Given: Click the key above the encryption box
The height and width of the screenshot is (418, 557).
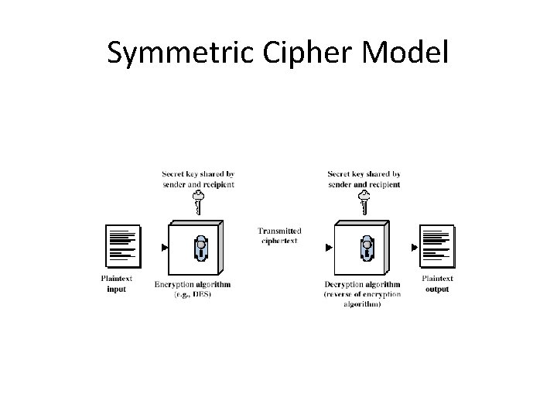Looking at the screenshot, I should (x=198, y=204).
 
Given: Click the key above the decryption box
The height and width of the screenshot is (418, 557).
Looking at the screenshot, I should (x=364, y=204).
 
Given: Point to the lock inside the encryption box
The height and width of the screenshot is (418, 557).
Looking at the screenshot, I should (x=200, y=247).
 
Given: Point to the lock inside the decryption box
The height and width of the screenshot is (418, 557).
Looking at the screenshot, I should (x=366, y=247).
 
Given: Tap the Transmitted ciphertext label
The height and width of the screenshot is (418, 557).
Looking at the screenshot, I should (x=279, y=235).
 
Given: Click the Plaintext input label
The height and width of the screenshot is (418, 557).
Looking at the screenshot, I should (x=117, y=284).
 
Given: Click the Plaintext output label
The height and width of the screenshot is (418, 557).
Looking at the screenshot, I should (x=437, y=284).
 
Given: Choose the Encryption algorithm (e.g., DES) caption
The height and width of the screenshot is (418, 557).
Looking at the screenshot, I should (x=193, y=290).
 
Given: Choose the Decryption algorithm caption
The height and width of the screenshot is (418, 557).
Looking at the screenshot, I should (x=362, y=294).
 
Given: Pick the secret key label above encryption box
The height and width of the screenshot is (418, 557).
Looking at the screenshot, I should (x=199, y=180).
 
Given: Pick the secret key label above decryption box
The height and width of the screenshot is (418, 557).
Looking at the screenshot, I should (x=364, y=180).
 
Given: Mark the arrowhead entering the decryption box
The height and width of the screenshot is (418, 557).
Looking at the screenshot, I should (x=329, y=248).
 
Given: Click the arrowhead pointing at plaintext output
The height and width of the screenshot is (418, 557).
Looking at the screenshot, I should (x=415, y=248).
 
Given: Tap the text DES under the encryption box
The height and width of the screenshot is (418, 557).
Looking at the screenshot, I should (x=203, y=295).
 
